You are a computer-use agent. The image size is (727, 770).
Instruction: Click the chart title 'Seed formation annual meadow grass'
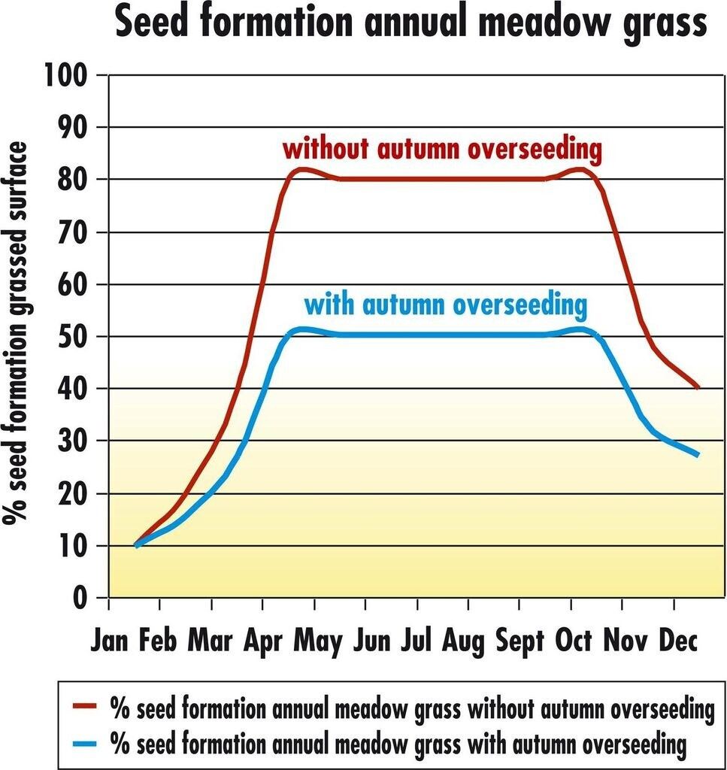tap(411, 24)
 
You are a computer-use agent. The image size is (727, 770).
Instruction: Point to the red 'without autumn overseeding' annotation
tap(442, 150)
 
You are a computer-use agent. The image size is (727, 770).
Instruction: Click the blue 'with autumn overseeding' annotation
tap(444, 306)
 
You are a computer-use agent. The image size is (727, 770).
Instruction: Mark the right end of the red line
tap(698, 387)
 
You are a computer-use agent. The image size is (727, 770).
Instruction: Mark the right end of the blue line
tap(698, 454)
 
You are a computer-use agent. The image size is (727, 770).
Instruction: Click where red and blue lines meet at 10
tap(136, 544)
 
